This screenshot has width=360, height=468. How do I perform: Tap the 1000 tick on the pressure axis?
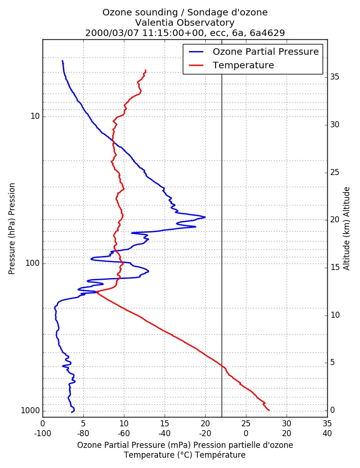pyautogui.click(x=30, y=411)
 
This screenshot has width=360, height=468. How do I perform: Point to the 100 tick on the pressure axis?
pyautogui.click(x=33, y=263)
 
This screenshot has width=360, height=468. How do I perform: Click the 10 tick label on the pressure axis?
pyautogui.click(x=35, y=116)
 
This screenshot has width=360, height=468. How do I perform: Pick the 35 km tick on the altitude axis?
pyautogui.click(x=335, y=77)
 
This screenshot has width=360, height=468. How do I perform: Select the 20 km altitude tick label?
pyautogui.click(x=335, y=219)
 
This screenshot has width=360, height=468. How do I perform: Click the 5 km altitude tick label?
pyautogui.click(x=332, y=363)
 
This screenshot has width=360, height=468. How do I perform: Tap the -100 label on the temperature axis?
pyautogui.click(x=43, y=433)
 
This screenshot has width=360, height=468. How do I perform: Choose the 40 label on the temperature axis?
pyautogui.click(x=327, y=433)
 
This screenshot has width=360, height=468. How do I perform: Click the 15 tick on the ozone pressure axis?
pyautogui.click(x=165, y=424)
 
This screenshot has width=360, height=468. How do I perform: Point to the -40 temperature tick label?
pyautogui.click(x=165, y=433)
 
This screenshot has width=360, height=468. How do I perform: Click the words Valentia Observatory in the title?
pyautogui.click(x=185, y=22)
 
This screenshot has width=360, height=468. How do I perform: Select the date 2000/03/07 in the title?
pyautogui.click(x=112, y=33)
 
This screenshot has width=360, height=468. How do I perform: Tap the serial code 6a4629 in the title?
pyautogui.click(x=267, y=33)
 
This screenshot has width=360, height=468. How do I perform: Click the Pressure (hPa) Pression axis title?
pyautogui.click(x=12, y=229)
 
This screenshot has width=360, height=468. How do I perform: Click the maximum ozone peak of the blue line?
pyautogui.click(x=205, y=217)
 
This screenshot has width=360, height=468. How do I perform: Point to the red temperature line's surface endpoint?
pyautogui.click(x=269, y=410)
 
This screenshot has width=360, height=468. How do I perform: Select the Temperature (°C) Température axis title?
pyautogui.click(x=185, y=455)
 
